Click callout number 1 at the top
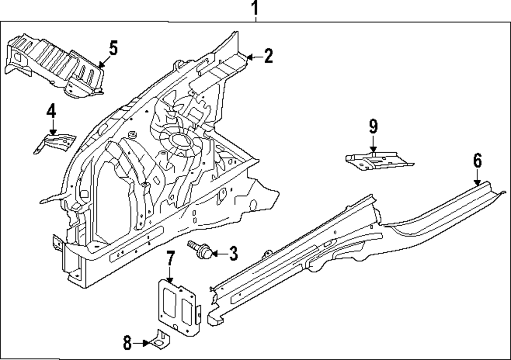tap(254, 9)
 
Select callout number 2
tap(268, 56)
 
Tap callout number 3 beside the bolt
tap(233, 252)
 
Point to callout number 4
tap(51, 111)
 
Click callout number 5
tap(113, 49)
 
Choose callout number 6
tap(477, 161)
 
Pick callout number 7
tap(171, 259)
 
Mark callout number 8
tap(127, 343)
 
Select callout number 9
tap(373, 126)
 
